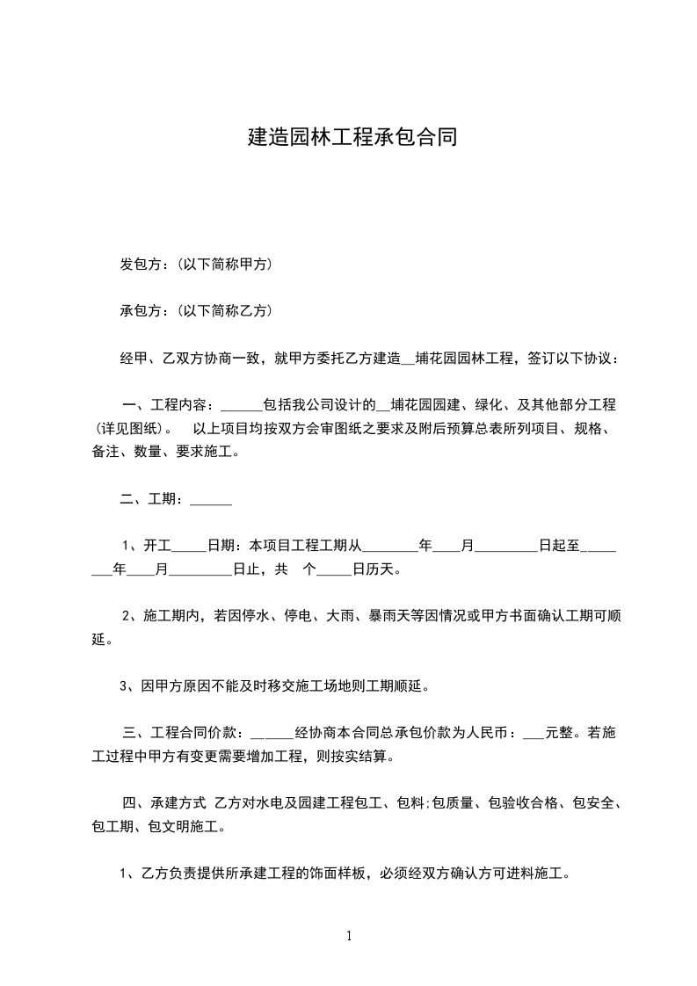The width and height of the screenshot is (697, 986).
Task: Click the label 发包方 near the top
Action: [139, 264]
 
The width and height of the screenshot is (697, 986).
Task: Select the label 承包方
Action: [139, 310]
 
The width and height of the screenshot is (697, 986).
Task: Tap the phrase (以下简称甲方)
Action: [223, 264]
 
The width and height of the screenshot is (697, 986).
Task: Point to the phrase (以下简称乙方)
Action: [223, 310]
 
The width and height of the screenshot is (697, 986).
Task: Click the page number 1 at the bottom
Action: [349, 936]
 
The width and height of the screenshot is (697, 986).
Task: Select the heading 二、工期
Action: [150, 499]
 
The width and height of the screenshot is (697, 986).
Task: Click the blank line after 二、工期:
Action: [211, 501]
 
